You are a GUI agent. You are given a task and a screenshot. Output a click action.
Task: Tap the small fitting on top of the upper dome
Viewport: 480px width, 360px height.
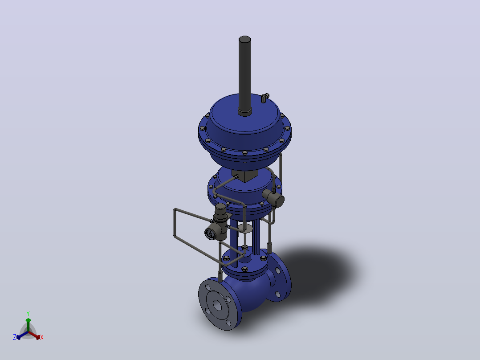pos(265,98)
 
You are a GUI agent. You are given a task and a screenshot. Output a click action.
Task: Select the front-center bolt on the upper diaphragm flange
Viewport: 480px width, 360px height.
pos(244,152)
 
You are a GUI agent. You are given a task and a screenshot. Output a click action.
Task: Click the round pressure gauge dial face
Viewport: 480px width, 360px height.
pos(210,234)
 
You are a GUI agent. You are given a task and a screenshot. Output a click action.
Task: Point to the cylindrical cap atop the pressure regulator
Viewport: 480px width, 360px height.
pos(220,209)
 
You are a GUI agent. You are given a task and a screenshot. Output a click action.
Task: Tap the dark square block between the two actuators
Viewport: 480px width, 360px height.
pos(245,176)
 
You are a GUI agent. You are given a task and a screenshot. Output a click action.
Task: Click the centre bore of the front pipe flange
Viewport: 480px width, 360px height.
pos(217,305)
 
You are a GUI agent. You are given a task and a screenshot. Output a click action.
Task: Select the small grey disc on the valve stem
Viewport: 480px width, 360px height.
pos(245,228)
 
